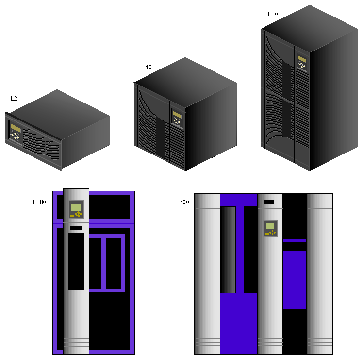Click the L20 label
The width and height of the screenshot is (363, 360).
[16, 99]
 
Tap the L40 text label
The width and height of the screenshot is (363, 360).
[147, 67]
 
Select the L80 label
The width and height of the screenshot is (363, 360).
[273, 14]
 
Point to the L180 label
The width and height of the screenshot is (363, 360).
[40, 202]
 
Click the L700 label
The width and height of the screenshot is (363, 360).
[182, 202]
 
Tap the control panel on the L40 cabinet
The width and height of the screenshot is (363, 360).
[177, 118]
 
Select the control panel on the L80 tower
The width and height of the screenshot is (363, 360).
[302, 62]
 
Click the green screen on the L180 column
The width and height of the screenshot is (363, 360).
[76, 207]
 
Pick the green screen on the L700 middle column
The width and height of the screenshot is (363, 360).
[270, 226]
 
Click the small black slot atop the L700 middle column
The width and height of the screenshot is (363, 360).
[269, 202]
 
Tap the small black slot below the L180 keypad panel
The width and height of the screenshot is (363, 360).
[76, 228]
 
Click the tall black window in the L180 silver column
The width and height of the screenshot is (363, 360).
[76, 261]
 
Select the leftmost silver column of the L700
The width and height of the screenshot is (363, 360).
[207, 274]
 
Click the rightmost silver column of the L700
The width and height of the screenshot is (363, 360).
[320, 274]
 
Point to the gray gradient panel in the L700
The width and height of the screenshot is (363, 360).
[228, 250]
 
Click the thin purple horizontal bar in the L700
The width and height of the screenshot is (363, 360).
[295, 240]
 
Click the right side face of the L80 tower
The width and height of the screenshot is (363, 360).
[334, 100]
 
